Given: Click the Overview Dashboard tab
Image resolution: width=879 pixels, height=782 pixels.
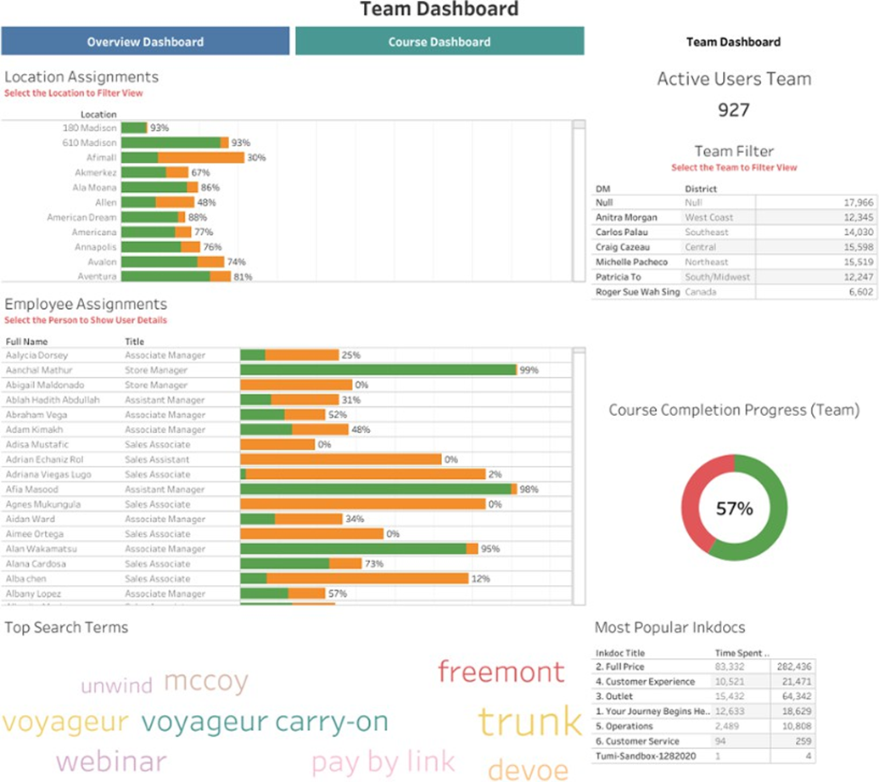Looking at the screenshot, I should [x=145, y=42].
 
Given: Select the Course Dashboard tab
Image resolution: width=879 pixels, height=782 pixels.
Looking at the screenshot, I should [x=439, y=42].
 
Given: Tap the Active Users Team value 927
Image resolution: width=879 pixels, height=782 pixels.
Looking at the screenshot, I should [x=734, y=110].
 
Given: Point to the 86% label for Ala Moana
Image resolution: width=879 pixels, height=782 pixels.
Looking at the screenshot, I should [x=210, y=187].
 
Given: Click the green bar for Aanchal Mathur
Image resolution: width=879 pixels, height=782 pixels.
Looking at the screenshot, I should [x=378, y=370].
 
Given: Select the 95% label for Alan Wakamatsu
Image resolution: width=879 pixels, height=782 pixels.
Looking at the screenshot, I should [x=490, y=549].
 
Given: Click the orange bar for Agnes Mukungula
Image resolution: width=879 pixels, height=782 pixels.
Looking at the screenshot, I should [x=362, y=504].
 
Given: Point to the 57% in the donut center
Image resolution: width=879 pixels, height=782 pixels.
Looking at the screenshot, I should [x=735, y=509].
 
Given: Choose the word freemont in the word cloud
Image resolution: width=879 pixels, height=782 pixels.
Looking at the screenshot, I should [x=501, y=672].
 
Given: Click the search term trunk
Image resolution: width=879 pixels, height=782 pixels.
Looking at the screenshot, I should [x=530, y=723].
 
